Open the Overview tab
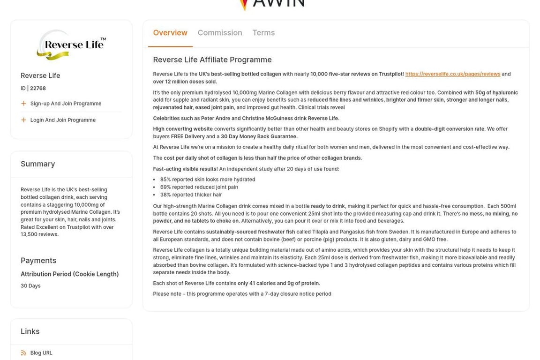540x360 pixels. pyautogui.click(x=170, y=33)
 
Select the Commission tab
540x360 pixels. pyautogui.click(x=220, y=33)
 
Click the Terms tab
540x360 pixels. pyautogui.click(x=263, y=33)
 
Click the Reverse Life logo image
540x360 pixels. pyautogui.click(x=71, y=45)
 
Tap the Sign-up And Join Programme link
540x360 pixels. pyautogui.click(x=66, y=104)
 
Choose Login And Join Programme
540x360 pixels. pyautogui.click(x=63, y=120)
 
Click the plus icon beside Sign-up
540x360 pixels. pyautogui.click(x=23, y=104)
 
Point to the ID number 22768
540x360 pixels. pyautogui.click(x=38, y=88)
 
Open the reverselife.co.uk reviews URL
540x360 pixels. pyautogui.click(x=452, y=74)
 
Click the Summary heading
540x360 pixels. pyautogui.click(x=38, y=164)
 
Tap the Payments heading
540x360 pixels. pyautogui.click(x=38, y=261)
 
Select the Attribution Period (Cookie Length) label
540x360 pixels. pyautogui.click(x=69, y=274)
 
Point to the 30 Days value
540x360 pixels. pyautogui.click(x=30, y=286)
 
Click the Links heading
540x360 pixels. pyautogui.click(x=30, y=331)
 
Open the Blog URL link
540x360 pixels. pyautogui.click(x=41, y=353)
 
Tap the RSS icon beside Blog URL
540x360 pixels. pyautogui.click(x=23, y=353)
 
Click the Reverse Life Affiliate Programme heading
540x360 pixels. pyautogui.click(x=212, y=60)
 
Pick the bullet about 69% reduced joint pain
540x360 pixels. pyautogui.click(x=199, y=187)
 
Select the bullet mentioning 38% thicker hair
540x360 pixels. pyautogui.click(x=191, y=195)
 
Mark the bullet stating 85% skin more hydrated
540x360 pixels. pyautogui.click(x=208, y=180)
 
